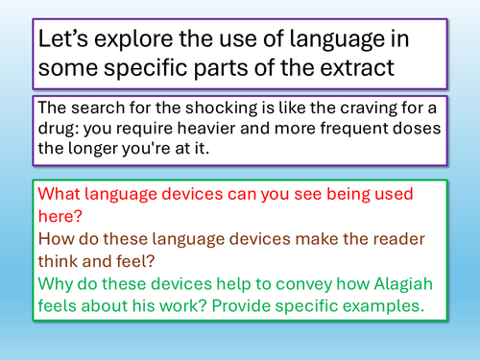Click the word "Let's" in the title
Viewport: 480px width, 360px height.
pyautogui.click(x=63, y=42)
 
